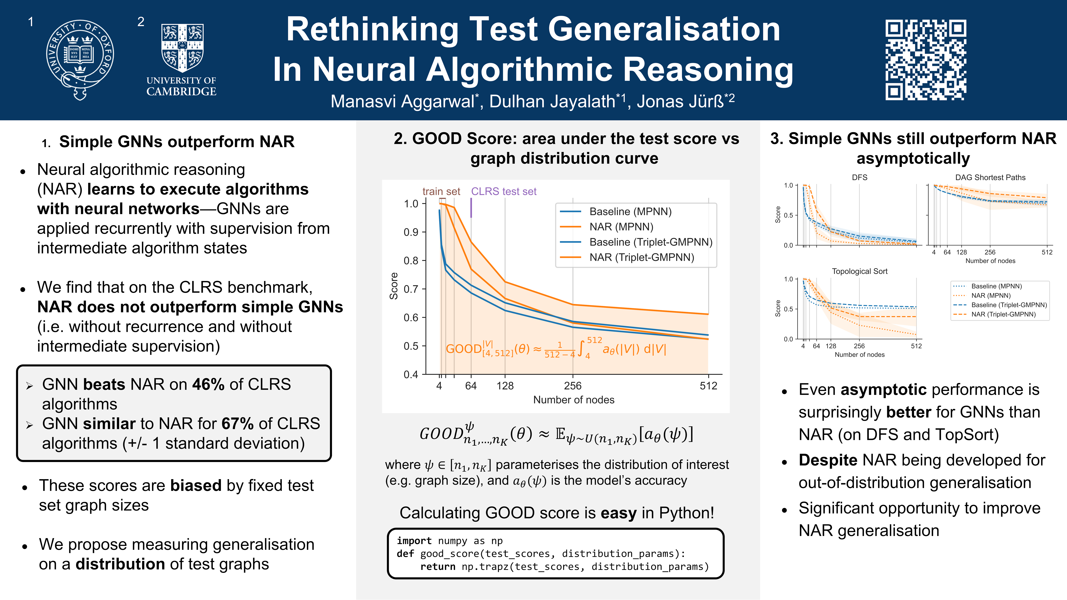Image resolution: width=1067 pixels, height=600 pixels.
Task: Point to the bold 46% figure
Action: [208, 384]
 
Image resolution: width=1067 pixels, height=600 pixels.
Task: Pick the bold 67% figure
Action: [237, 424]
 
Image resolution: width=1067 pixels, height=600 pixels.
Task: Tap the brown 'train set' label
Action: [441, 191]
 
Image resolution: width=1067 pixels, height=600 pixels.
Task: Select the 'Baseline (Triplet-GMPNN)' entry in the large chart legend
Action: [650, 242]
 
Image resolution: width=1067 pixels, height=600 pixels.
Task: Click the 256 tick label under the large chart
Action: [573, 386]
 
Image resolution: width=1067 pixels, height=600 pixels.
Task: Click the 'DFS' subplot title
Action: [859, 177]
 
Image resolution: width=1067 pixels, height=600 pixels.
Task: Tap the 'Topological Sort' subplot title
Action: [859, 271]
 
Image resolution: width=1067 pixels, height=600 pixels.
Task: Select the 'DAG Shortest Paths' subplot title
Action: [990, 177]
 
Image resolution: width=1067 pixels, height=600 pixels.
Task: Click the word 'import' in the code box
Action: [414, 541]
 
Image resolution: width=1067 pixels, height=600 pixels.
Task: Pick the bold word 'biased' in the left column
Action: [196, 485]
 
